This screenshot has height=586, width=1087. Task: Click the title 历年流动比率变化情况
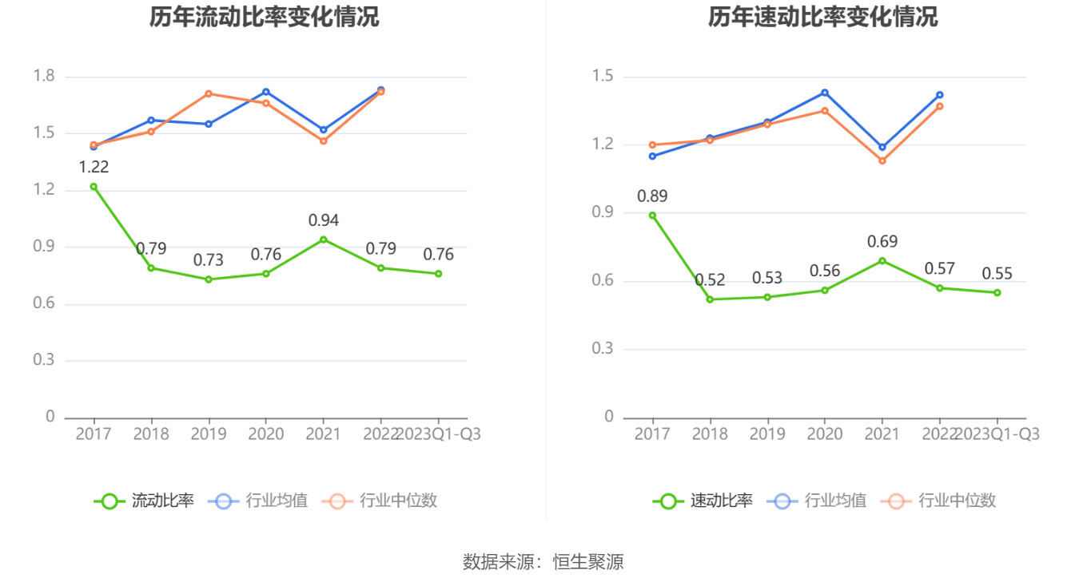(x=264, y=17)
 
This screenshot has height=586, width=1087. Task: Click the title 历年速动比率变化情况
(x=822, y=17)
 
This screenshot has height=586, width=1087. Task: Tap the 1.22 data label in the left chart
(x=94, y=167)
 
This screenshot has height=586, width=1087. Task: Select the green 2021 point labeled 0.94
(x=324, y=240)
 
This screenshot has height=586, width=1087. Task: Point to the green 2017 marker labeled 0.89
(x=652, y=216)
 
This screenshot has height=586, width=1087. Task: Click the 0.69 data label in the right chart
(x=882, y=241)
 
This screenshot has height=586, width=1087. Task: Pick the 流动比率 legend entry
(x=145, y=501)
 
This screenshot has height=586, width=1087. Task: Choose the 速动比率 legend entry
(x=703, y=501)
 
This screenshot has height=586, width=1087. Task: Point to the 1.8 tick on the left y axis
(x=45, y=77)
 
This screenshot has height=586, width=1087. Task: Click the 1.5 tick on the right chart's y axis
(x=603, y=77)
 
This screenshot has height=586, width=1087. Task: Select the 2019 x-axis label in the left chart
(x=209, y=434)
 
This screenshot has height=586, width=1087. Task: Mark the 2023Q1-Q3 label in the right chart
(x=997, y=434)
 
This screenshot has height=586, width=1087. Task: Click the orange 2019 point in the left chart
(x=209, y=93)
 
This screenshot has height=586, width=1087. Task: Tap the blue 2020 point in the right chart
(x=825, y=93)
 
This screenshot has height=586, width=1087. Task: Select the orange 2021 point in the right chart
(x=882, y=160)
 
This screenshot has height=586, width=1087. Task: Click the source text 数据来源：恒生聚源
(x=543, y=562)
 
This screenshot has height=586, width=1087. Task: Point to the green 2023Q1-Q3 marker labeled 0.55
(x=997, y=292)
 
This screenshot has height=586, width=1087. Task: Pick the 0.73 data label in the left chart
(x=209, y=260)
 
